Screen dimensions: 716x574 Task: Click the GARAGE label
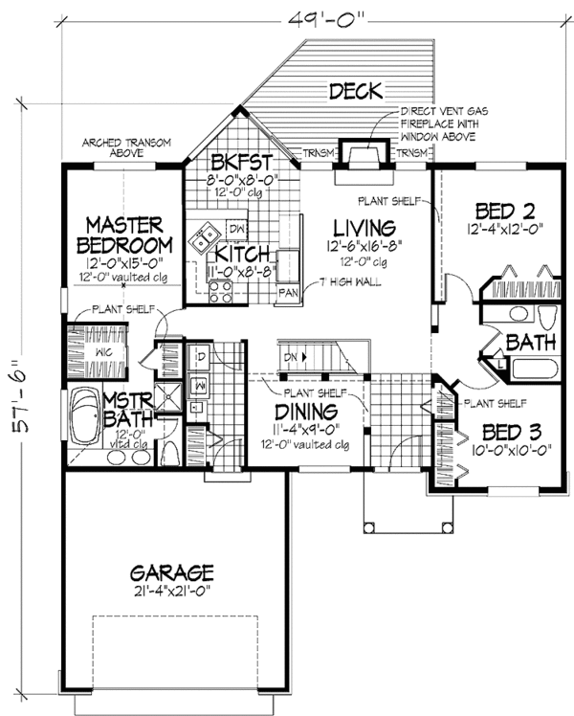pos(173,572)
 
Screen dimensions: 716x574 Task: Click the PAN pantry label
pos(286,293)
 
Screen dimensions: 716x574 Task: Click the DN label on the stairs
pos(291,357)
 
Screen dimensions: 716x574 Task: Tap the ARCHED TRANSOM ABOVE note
pos(125,146)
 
